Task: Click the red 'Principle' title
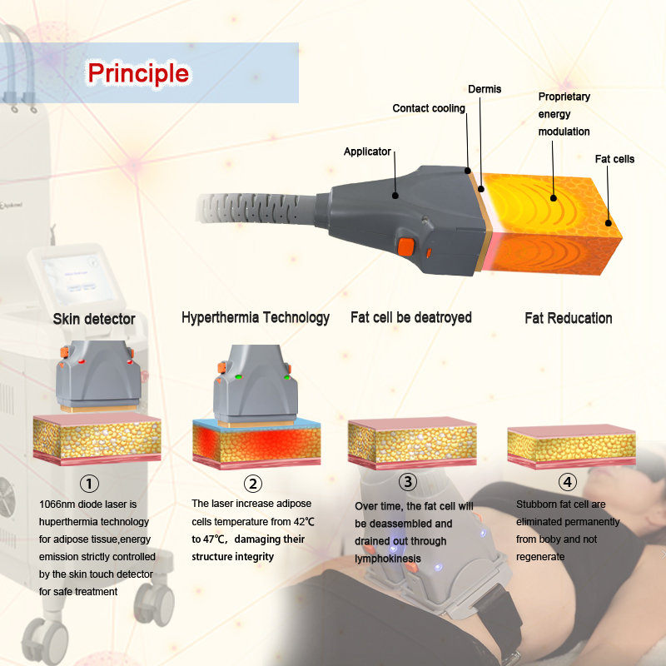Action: pos(138,73)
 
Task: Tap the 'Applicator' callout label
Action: pos(367,152)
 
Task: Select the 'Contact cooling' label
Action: pos(429,108)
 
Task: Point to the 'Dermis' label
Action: pos(485,89)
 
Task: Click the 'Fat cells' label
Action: pos(614,158)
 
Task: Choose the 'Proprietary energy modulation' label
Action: pos(564,114)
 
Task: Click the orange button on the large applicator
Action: pos(405,246)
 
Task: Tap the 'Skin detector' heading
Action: pos(94,319)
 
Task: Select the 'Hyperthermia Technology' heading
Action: pos(256,317)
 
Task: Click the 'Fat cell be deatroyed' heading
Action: pos(411,317)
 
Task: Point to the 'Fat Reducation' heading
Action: pos(569,318)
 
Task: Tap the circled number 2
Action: pos(252,484)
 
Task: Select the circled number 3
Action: pos(407,481)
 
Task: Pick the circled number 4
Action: pos(568,481)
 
